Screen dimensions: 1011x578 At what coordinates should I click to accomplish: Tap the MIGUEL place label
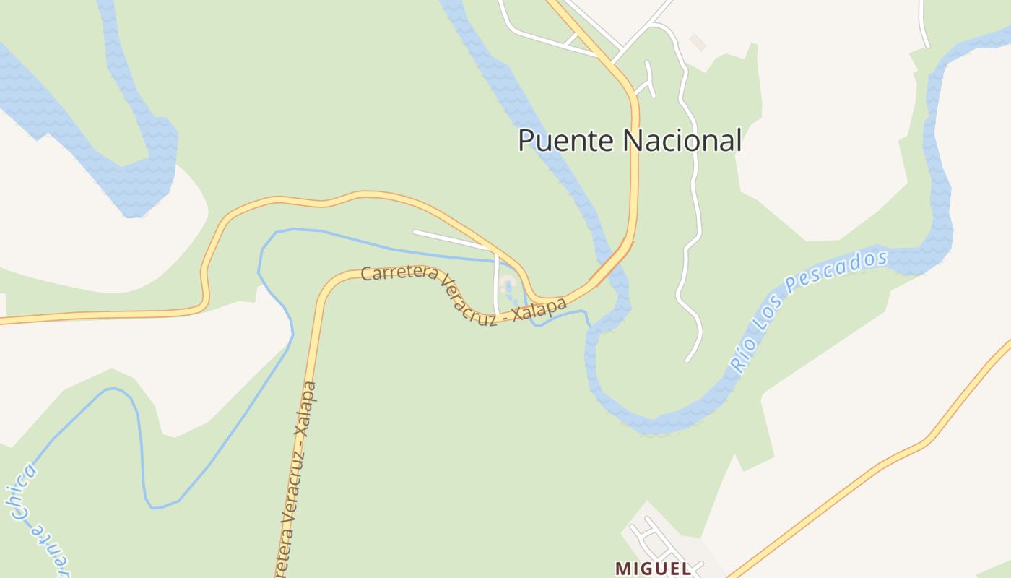(x=653, y=569)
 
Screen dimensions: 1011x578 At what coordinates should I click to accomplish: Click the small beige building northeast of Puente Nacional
(x=697, y=42)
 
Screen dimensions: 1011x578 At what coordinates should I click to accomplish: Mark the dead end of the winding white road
(x=687, y=360)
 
